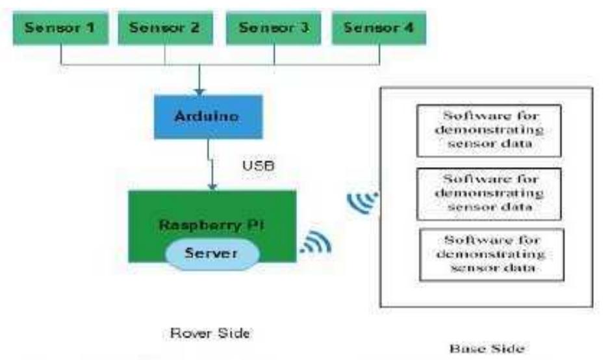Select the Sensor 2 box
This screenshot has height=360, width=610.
click(164, 28)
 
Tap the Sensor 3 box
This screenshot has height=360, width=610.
click(273, 28)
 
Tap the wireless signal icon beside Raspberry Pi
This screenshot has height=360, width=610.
click(316, 242)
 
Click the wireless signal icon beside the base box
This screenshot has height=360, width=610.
click(362, 203)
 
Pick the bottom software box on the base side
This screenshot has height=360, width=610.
click(490, 254)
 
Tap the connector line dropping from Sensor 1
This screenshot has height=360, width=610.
click(60, 55)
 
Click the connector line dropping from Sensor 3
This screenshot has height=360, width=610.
click(274, 55)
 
